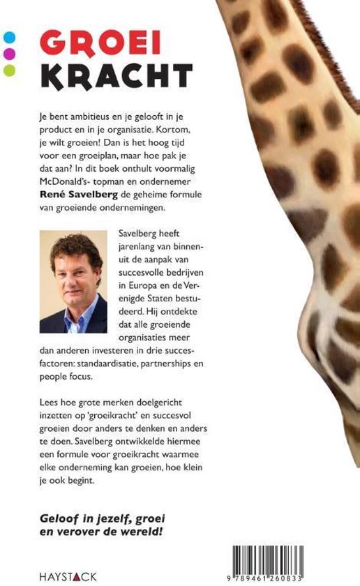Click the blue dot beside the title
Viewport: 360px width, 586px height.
pos(10,37)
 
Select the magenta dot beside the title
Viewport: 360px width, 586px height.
pos(10,53)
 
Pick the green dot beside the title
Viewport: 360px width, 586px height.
pos(10,69)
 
